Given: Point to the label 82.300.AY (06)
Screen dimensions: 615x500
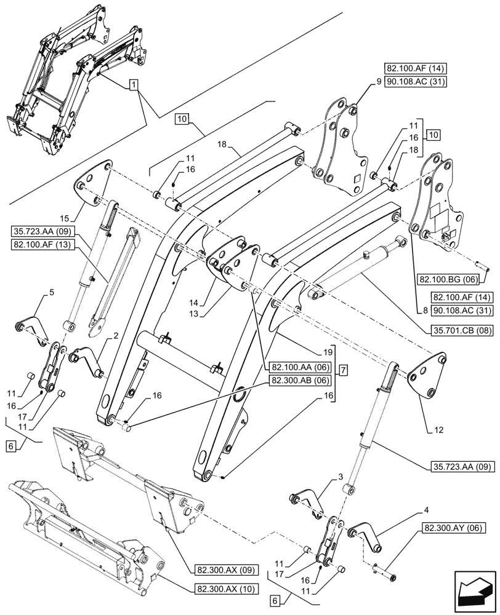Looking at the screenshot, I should coord(454,527).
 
